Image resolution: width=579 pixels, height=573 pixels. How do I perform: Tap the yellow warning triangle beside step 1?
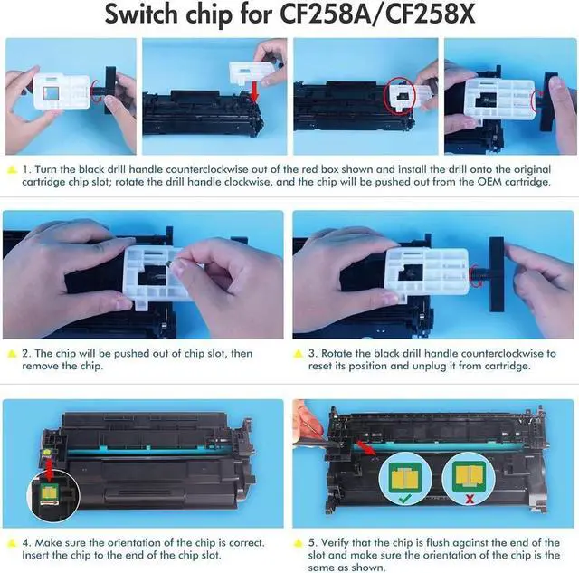coord(11,168)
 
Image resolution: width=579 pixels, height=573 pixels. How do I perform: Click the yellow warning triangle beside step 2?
coord(11,353)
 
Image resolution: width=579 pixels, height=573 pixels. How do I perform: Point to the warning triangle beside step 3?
coord(300,353)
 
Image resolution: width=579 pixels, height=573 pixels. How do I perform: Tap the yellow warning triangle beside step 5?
coord(300,541)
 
